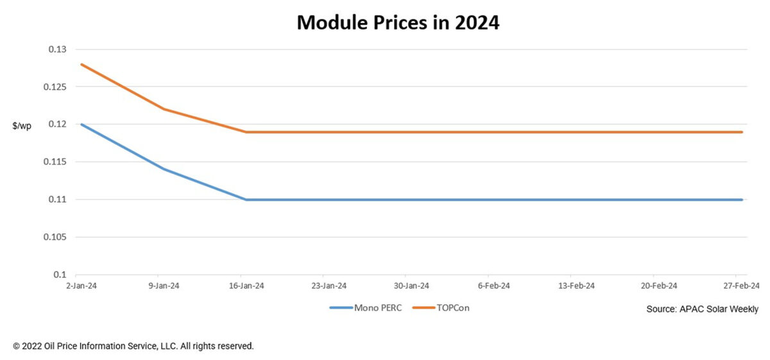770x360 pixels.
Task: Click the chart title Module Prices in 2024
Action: click(x=398, y=23)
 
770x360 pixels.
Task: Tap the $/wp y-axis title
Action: click(x=22, y=126)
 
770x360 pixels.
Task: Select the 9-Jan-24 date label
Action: click(x=164, y=286)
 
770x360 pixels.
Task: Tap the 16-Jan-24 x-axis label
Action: click(x=246, y=286)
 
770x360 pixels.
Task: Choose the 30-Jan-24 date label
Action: click(x=411, y=286)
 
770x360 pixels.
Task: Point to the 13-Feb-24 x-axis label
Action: click(x=576, y=286)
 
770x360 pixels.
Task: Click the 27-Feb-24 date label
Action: click(x=741, y=286)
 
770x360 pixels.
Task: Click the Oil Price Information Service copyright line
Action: click(x=133, y=346)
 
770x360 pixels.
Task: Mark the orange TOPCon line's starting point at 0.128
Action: click(x=81, y=64)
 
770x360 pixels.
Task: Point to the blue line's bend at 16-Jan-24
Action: click(x=246, y=200)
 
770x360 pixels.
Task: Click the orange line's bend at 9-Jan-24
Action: click(x=164, y=109)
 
